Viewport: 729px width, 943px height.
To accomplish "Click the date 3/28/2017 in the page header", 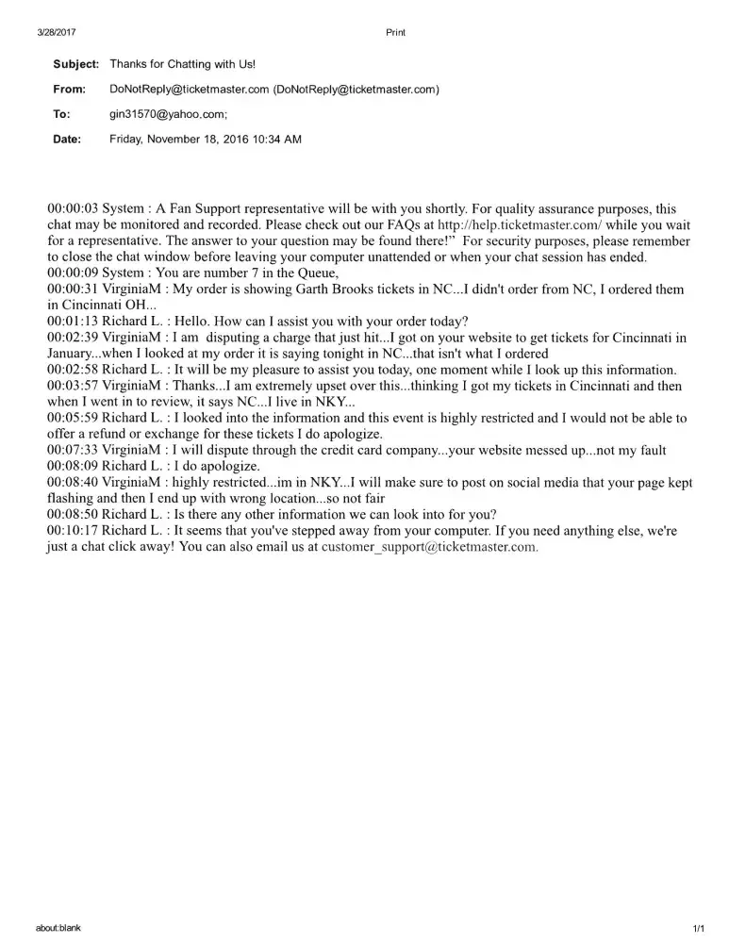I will coord(56,32).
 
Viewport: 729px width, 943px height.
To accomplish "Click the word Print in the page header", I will coord(396,32).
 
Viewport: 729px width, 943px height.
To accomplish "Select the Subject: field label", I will coord(75,64).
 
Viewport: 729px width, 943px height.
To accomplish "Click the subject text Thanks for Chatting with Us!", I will coord(183,64).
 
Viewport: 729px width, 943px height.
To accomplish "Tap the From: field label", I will coord(69,90).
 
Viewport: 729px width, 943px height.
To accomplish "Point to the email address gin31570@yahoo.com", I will coord(167,114).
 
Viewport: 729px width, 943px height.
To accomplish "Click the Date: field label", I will coord(67,140).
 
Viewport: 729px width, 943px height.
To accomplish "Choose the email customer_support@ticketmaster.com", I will coord(430,547).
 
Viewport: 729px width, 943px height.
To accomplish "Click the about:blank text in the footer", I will coord(58,928).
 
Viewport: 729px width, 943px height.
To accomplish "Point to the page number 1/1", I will coord(698,929).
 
